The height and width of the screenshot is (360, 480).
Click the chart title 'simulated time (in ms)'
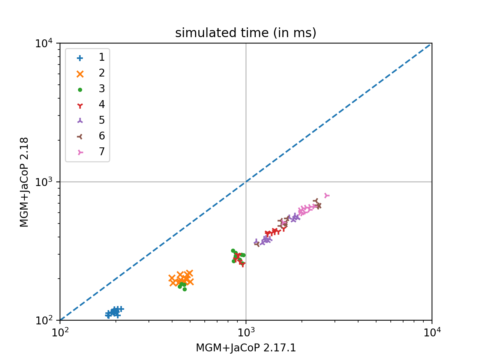pyautogui.click(x=246, y=33)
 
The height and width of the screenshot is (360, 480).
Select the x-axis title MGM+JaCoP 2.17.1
pyautogui.click(x=246, y=348)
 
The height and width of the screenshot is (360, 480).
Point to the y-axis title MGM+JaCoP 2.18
pyautogui.click(x=24, y=182)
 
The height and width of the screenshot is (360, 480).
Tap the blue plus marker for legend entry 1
pyautogui.click(x=80, y=58)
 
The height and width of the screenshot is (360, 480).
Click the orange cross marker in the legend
pyautogui.click(x=80, y=73)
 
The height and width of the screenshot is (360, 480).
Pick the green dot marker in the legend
pyautogui.click(x=80, y=90)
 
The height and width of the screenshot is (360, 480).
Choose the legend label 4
pyautogui.click(x=102, y=105)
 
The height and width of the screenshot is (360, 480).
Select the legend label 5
pyautogui.click(x=102, y=120)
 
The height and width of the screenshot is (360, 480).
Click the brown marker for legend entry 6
pyautogui.click(x=80, y=136)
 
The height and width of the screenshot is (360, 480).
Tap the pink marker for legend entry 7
pyautogui.click(x=80, y=152)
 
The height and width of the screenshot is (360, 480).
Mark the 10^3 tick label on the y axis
pyautogui.click(x=45, y=182)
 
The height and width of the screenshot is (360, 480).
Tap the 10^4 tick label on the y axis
pyautogui.click(x=45, y=43)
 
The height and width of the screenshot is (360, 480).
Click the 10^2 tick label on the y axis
pyautogui.click(x=45, y=321)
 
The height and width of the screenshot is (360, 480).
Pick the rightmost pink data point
pyautogui.click(x=327, y=195)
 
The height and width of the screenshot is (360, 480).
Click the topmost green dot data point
pyautogui.click(x=233, y=250)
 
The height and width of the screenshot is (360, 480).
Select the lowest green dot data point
pyautogui.click(x=184, y=289)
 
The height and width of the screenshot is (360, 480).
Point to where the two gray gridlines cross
pyautogui.click(x=246, y=182)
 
